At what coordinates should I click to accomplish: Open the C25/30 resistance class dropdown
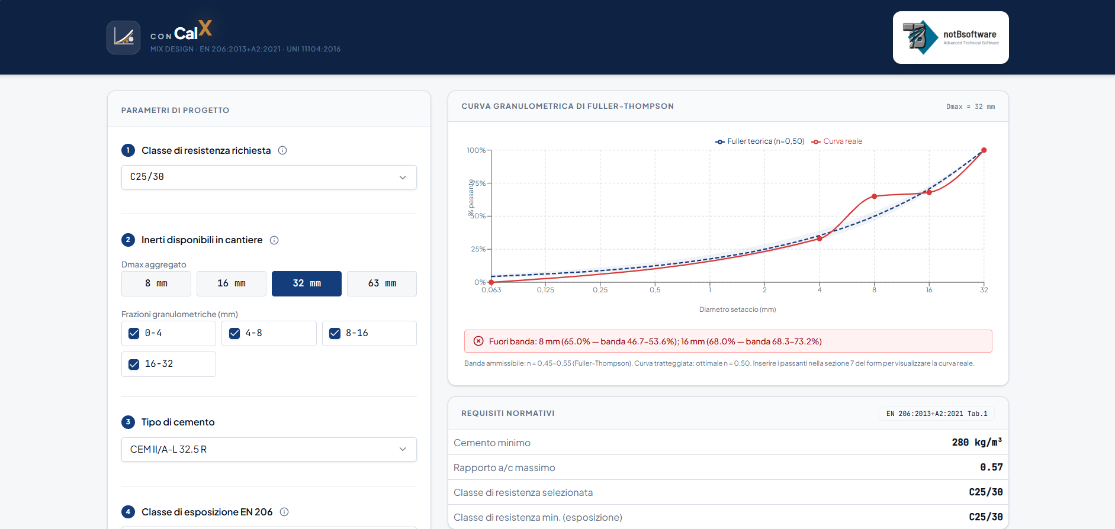click(x=269, y=177)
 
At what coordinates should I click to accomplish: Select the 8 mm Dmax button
click(x=156, y=283)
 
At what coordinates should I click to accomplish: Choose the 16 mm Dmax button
click(x=232, y=283)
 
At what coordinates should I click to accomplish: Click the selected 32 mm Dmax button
click(x=307, y=283)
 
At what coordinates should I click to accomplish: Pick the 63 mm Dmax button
click(x=382, y=283)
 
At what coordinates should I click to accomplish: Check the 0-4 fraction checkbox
click(x=134, y=333)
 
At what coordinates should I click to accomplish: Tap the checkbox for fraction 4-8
click(x=234, y=333)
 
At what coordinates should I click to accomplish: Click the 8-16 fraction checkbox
click(x=335, y=333)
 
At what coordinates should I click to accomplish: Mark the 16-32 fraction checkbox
click(x=134, y=364)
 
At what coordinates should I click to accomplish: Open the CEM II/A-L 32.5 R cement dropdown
click(x=269, y=449)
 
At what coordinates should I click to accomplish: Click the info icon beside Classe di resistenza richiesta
click(x=282, y=150)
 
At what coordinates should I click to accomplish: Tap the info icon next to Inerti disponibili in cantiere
click(x=274, y=240)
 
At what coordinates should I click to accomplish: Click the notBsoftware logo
click(x=950, y=37)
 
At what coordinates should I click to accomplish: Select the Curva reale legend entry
click(x=837, y=141)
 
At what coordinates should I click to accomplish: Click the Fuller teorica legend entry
click(x=760, y=141)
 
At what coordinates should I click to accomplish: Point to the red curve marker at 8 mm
click(x=874, y=196)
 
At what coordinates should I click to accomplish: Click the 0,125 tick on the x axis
click(x=545, y=290)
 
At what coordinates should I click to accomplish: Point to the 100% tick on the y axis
click(x=476, y=150)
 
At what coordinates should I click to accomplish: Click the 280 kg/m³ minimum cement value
click(x=977, y=443)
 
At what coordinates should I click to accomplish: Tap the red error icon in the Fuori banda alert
click(x=478, y=341)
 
